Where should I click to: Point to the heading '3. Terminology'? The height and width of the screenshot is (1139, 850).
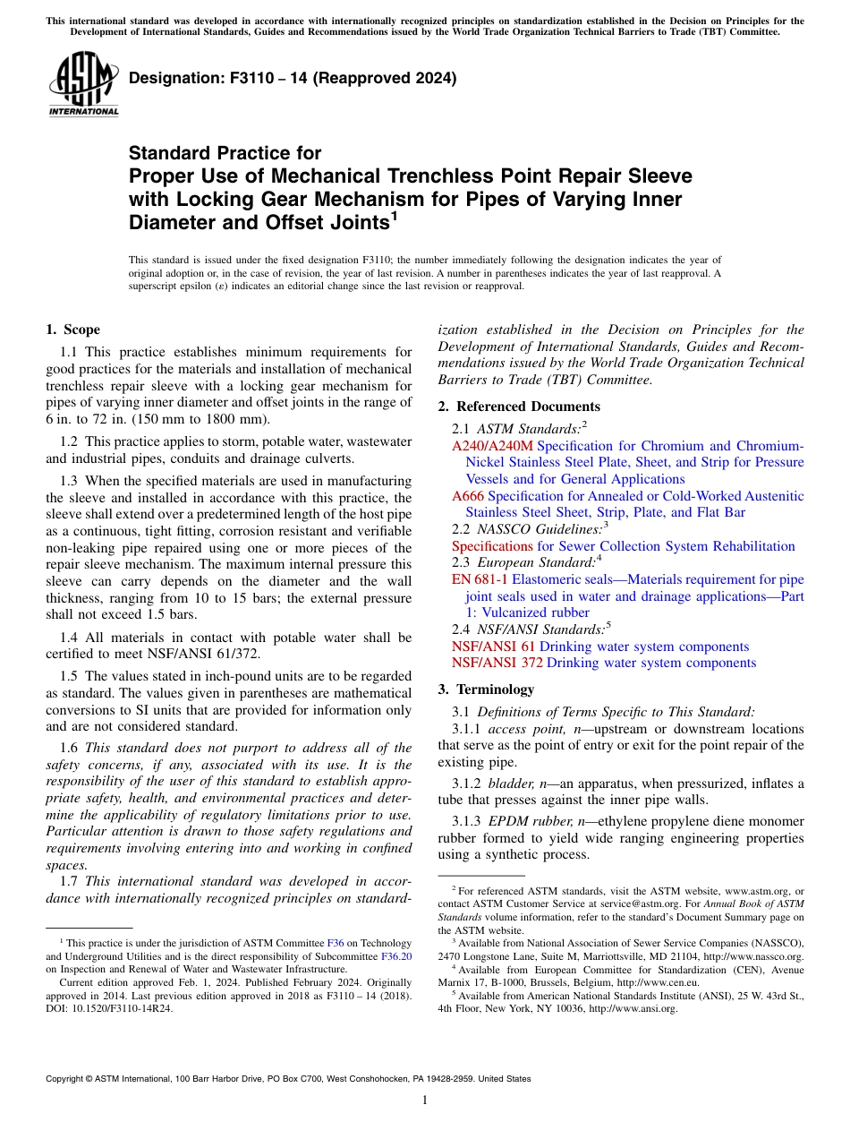pos(486,689)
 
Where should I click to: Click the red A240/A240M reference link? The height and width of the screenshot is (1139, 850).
pos(492,446)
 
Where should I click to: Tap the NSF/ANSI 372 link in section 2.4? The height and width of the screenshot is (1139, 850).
pos(497,663)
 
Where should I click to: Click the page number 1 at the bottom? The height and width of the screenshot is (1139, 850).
pos(424,1101)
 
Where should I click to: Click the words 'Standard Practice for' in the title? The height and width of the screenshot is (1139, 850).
pos(225,153)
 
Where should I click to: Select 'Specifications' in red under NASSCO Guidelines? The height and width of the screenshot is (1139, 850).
pos(492,546)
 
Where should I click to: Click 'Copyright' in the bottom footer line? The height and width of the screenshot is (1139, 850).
pos(66,1079)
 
